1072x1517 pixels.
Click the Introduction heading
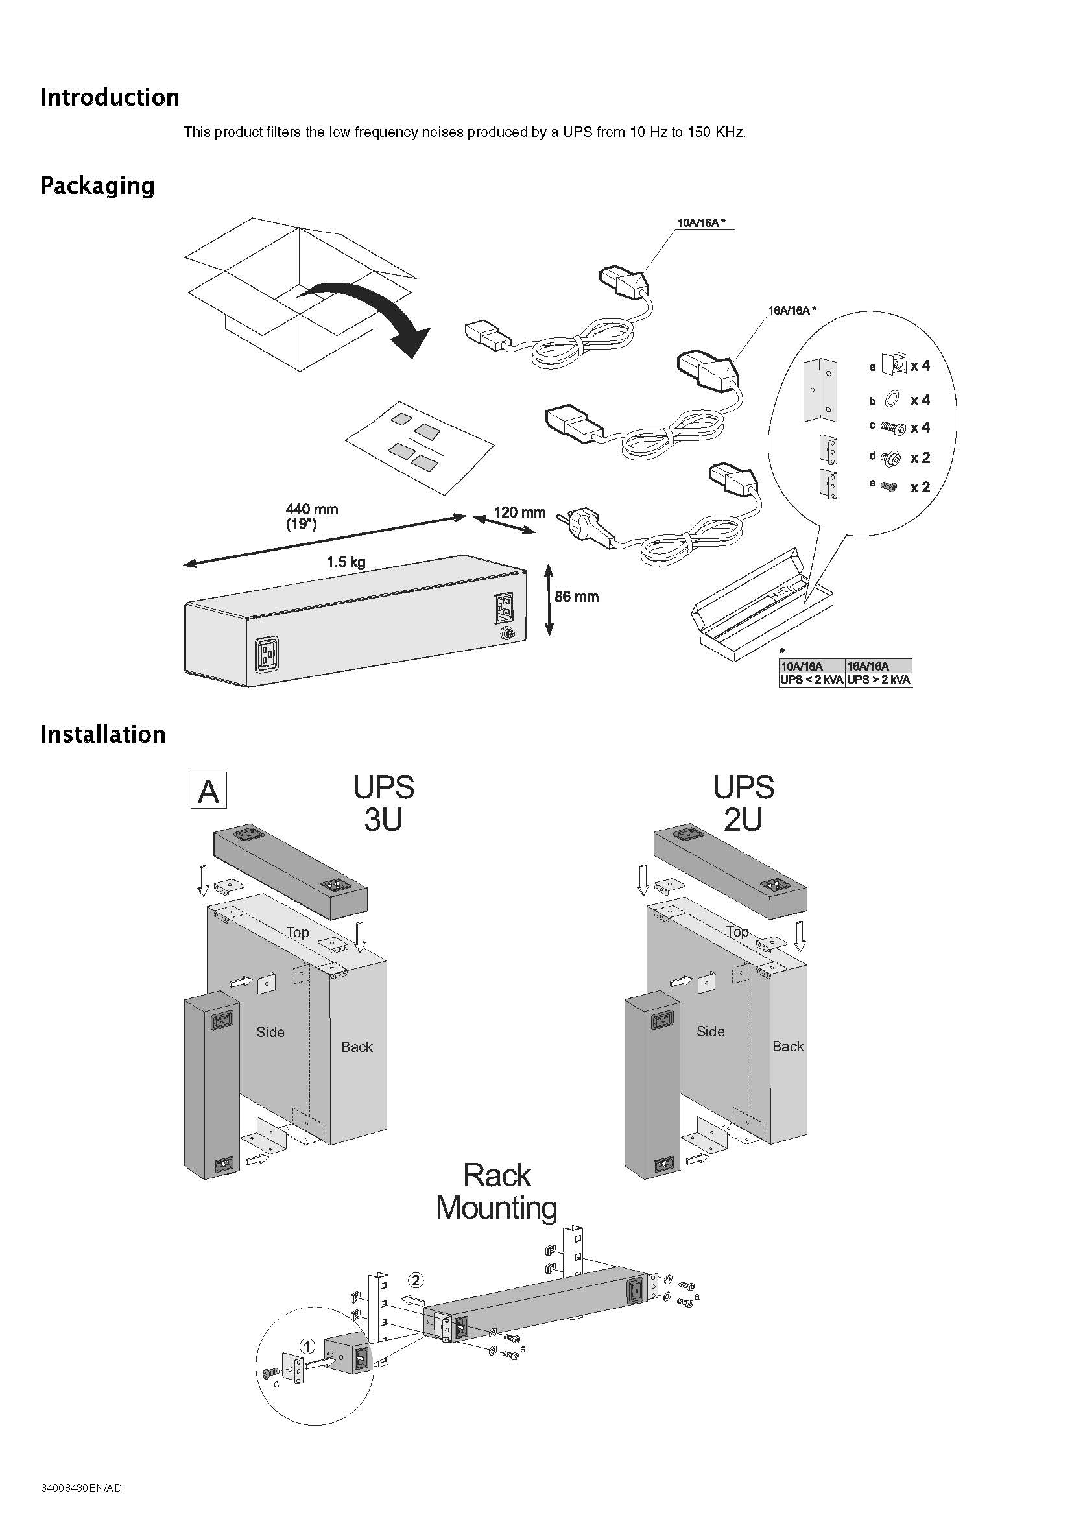(x=110, y=97)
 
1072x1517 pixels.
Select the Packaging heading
(x=97, y=185)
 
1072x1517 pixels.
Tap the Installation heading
(x=102, y=734)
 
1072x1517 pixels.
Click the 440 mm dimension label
(x=311, y=509)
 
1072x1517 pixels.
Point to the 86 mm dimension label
(x=576, y=597)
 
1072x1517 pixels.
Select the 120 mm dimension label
(x=519, y=512)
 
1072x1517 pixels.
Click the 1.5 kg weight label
(x=346, y=562)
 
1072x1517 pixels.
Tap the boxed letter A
(x=208, y=790)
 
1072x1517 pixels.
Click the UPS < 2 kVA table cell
(x=812, y=680)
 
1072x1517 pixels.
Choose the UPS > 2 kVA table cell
(x=879, y=680)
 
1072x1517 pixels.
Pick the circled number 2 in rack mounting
(x=415, y=1280)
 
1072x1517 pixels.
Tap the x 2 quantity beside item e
(x=920, y=488)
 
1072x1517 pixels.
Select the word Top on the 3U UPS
(x=297, y=931)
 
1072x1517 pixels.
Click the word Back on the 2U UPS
(x=788, y=1046)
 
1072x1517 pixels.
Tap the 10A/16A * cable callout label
(x=701, y=222)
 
